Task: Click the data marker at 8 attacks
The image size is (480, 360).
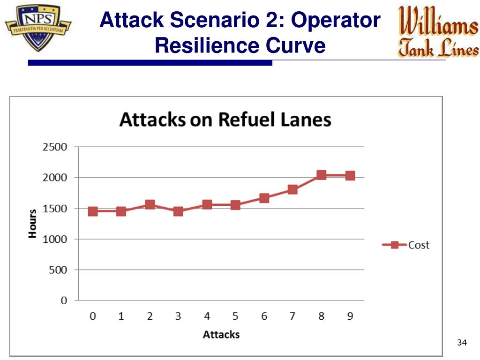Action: (321, 175)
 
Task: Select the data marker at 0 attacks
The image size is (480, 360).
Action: (93, 211)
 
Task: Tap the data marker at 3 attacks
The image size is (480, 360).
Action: (178, 211)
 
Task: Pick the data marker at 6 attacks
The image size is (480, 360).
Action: (264, 198)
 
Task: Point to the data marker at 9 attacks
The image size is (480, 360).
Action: (350, 176)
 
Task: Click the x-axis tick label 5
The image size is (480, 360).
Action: (235, 316)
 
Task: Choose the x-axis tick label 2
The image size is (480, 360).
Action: (150, 316)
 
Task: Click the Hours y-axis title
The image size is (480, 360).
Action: (32, 224)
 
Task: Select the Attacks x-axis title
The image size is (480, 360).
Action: (221, 335)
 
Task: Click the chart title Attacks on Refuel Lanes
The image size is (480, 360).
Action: (225, 120)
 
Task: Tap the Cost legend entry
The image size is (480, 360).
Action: (406, 245)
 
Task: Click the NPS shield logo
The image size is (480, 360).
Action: (38, 28)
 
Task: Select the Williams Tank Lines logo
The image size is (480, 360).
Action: (438, 32)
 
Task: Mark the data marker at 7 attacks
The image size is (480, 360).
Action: (292, 189)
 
